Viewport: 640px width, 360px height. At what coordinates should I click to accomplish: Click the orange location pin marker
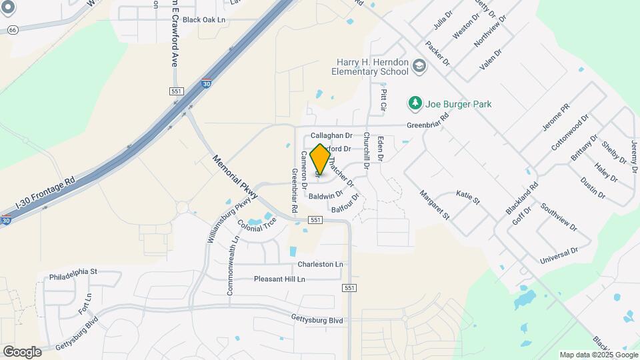coord(320,159)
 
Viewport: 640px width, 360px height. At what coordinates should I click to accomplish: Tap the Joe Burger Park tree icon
coord(415,103)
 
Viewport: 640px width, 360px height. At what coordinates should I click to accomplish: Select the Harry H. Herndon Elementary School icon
coord(419,66)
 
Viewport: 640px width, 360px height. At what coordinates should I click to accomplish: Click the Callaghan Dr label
coord(331,135)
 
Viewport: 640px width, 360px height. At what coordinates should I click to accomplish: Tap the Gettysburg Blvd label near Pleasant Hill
coord(317,320)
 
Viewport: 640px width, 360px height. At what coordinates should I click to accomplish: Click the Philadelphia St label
coord(73,272)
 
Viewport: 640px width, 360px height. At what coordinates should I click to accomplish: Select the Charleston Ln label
coord(320,264)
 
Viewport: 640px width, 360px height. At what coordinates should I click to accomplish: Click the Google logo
coord(22,351)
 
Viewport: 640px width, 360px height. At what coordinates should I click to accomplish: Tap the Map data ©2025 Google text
coord(598,355)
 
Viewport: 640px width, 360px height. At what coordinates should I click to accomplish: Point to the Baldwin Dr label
coord(325,195)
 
